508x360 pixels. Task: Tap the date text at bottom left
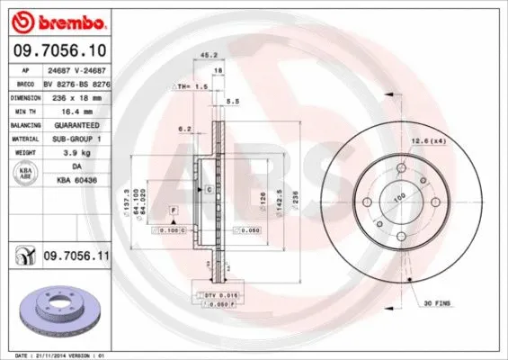point(56,355)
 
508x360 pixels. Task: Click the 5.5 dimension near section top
point(232,102)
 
